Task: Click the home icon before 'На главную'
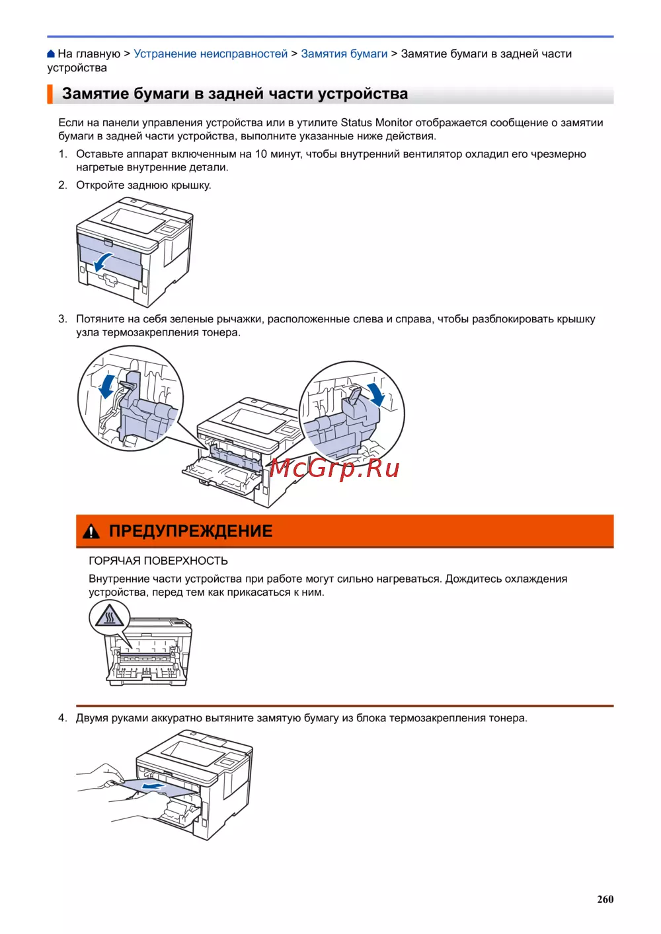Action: (51, 54)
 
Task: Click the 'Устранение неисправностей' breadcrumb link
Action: (210, 54)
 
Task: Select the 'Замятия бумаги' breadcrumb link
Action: (344, 54)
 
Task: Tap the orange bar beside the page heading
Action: (50, 94)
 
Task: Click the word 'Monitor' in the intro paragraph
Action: (393, 123)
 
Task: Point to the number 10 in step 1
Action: (261, 155)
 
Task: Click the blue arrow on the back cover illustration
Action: (102, 262)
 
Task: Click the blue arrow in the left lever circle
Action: (107, 386)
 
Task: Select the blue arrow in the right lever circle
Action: (375, 394)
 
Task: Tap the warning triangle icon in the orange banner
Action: (91, 532)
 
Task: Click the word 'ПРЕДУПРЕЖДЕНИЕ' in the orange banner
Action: (191, 531)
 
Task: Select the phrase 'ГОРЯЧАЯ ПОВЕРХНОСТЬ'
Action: (158, 561)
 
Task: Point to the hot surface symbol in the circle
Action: (109, 616)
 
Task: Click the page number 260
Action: (605, 899)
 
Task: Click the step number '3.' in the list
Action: (63, 319)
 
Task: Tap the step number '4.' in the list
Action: (63, 718)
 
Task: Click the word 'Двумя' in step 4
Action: (92, 719)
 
